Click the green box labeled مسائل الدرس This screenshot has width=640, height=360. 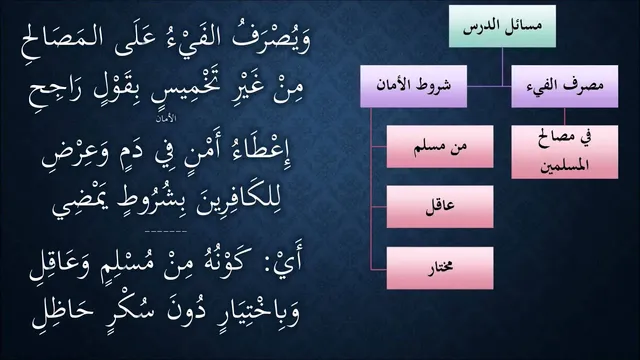(x=502, y=26)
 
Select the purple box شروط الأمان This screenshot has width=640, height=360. (x=413, y=86)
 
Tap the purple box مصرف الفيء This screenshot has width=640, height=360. (x=564, y=86)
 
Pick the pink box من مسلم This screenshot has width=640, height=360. (x=440, y=147)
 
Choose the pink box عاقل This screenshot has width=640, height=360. (x=440, y=207)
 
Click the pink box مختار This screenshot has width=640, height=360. (x=440, y=268)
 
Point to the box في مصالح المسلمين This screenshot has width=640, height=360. (x=564, y=152)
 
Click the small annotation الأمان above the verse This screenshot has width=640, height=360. (x=166, y=118)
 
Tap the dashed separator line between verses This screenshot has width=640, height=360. (x=166, y=231)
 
